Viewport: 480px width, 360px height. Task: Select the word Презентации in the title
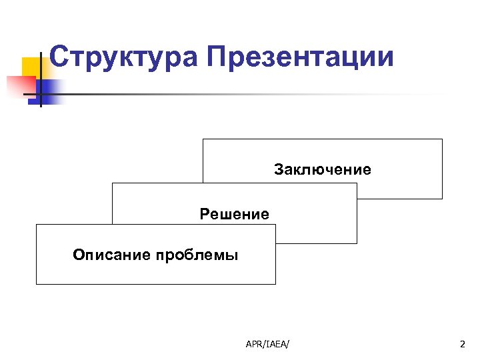click(300, 57)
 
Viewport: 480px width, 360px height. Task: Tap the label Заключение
click(323, 170)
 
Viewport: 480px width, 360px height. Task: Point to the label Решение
click(235, 215)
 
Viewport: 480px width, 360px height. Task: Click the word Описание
click(111, 255)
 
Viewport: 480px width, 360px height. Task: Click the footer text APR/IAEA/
click(272, 344)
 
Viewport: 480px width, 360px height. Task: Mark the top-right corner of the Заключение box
click(442, 139)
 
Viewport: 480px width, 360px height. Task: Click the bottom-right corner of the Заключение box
click(442, 199)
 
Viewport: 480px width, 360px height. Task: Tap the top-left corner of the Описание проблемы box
click(36, 225)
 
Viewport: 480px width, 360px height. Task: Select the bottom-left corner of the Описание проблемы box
click(36, 284)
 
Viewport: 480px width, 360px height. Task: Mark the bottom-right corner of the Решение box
click(357, 243)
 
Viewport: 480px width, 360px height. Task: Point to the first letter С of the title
click(59, 57)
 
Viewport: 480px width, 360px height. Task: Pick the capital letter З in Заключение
click(278, 170)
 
